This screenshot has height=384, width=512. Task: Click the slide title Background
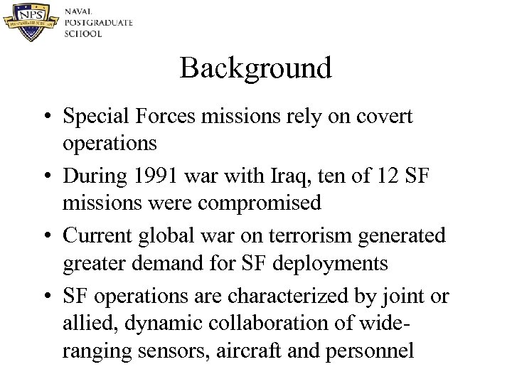(256, 69)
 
